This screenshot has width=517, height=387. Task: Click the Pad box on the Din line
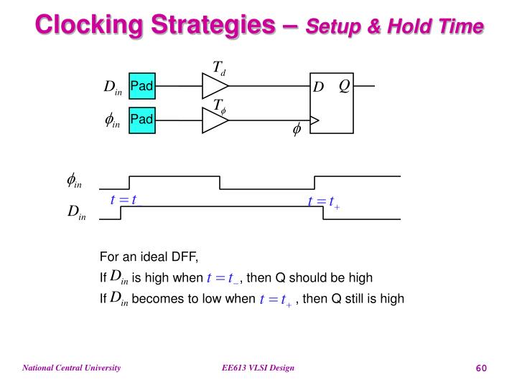click(142, 86)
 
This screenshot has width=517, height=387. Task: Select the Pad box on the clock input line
click(142, 120)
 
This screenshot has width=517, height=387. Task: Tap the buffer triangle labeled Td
click(215, 86)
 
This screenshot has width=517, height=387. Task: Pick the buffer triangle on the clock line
click(215, 120)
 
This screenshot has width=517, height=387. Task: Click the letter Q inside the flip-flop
click(344, 86)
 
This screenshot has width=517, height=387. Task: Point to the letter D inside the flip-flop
click(318, 87)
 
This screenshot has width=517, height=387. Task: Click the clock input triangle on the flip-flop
click(315, 120)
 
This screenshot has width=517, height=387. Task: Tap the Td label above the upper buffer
click(219, 68)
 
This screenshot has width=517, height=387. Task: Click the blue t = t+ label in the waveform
click(323, 201)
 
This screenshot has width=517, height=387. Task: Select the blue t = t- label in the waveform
click(126, 200)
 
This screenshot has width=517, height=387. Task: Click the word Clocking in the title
click(89, 25)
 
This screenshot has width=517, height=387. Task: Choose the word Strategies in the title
click(213, 25)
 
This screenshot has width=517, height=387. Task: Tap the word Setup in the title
click(333, 27)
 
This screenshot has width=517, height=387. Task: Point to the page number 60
click(481, 368)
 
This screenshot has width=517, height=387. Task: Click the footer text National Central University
click(72, 368)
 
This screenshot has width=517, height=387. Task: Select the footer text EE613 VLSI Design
click(258, 368)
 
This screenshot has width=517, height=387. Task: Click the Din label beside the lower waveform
click(77, 211)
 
